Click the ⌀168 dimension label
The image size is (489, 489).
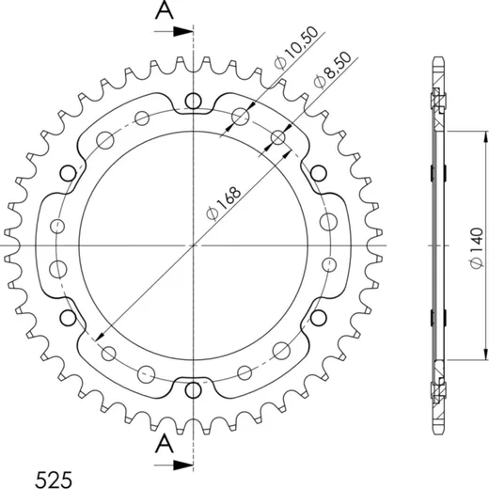[224, 204]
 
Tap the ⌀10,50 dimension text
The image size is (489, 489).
[295, 48]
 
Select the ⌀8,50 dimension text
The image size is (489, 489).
[332, 70]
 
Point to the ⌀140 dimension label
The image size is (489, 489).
[477, 247]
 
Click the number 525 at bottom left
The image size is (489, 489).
[54, 480]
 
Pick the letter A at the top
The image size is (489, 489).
[165, 11]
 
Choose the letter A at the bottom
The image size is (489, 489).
[165, 444]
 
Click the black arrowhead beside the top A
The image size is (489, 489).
[182, 31]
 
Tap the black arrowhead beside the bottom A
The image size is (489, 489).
[182, 465]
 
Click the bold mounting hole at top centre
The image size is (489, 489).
[193, 101]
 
